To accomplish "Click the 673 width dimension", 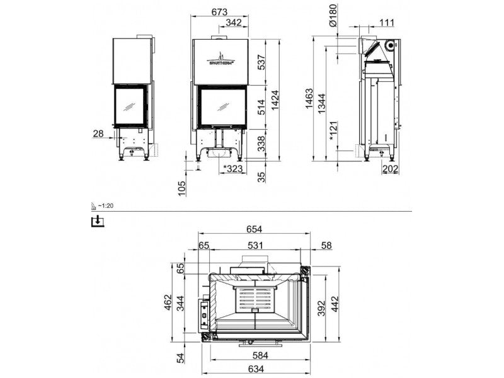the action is point(219,12).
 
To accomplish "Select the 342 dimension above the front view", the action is point(233,23).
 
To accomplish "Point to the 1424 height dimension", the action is point(275,100).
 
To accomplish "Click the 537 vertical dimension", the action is point(261,62).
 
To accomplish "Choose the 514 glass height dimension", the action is point(261,107).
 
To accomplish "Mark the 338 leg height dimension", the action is point(261,144).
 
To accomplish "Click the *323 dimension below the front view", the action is point(233,168).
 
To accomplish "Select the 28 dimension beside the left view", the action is point(98,133).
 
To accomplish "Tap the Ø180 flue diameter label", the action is point(333,15).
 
